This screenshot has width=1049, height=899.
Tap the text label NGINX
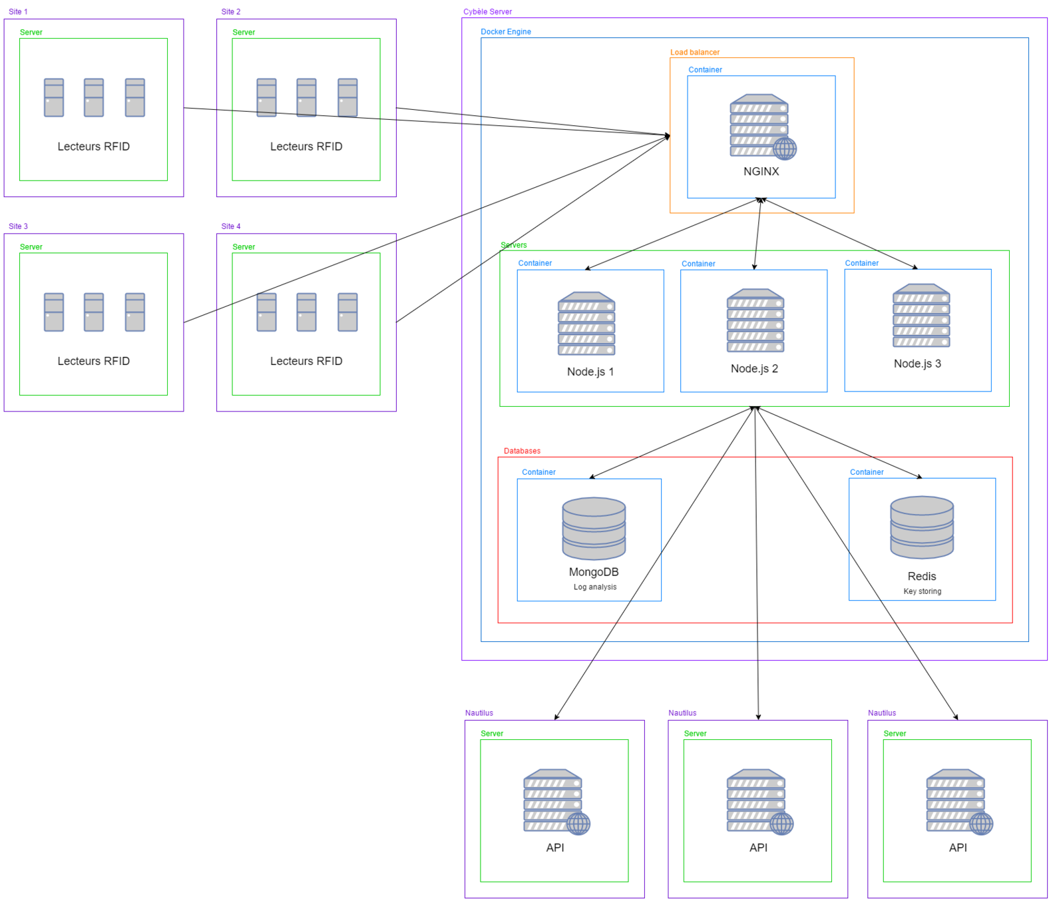761,171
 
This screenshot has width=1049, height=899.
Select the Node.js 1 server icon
586,324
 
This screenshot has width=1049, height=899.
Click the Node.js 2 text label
754,368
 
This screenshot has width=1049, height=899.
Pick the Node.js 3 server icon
921,316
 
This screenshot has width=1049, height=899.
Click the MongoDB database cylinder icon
594,528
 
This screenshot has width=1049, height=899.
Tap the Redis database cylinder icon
922,527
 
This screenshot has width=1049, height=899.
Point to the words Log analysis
595,587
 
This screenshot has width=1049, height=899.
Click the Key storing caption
922,591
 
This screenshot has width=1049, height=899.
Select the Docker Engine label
506,31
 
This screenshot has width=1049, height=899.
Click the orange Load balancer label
694,52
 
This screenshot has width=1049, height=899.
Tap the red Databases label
522,451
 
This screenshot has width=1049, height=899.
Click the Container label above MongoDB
538,472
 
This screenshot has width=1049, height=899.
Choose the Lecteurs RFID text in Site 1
93,147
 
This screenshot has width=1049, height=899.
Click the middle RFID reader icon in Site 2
306,98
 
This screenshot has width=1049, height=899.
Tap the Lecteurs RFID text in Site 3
93,361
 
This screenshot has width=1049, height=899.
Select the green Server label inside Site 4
244,246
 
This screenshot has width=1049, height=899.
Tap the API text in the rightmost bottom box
958,848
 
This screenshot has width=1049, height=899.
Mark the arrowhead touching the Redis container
921,477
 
